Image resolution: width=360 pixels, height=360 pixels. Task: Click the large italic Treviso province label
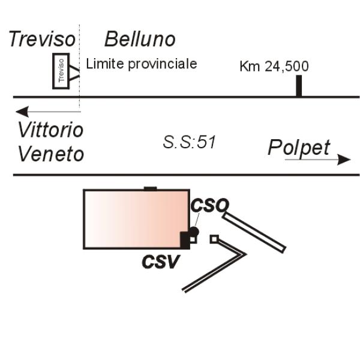pos(42,39)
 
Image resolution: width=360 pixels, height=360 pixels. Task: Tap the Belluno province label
pos(140,39)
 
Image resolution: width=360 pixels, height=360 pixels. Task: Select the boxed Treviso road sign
pos(61,71)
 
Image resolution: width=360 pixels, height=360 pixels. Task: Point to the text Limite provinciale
pos(142,64)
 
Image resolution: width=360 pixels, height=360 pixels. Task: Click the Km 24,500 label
pos(274,67)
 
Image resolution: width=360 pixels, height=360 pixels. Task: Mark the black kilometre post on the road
pos(299,86)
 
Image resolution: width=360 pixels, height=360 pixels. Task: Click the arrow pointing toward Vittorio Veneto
pos(48,112)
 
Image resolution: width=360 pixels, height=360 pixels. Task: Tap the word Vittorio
pos(50,130)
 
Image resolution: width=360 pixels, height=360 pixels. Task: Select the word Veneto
pos(51,154)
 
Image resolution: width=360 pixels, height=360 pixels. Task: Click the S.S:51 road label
pos(189,142)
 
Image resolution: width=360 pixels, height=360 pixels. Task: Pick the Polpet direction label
pos(299,148)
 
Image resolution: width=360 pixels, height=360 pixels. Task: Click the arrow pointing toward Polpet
pos(318,160)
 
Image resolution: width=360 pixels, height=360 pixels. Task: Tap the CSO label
pos(210,205)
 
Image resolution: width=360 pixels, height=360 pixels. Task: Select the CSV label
pos(160,262)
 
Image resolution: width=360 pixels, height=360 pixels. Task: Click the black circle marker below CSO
pos(194,231)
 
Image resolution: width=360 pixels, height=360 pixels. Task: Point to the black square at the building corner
pos(185,241)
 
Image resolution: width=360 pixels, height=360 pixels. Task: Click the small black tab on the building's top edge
pos(151,189)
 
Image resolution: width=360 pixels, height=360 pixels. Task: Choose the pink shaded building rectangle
pos(137,219)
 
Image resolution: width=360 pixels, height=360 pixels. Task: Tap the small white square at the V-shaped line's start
pos(214,239)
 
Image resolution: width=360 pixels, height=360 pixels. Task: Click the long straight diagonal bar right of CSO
pos(254,233)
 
